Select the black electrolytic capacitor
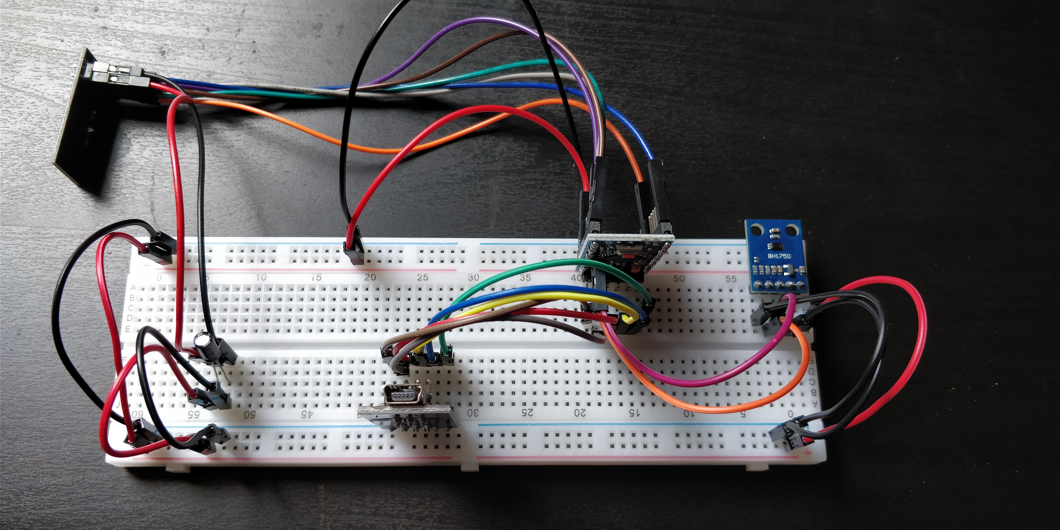click(205, 348)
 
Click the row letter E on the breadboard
click(128, 329)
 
